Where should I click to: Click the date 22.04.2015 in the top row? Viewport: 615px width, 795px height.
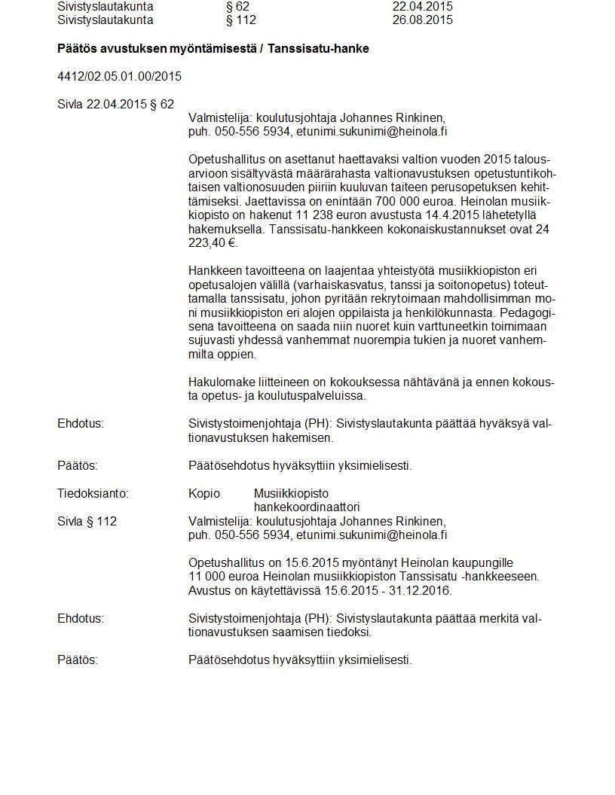point(422,6)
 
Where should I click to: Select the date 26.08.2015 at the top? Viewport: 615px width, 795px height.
point(422,20)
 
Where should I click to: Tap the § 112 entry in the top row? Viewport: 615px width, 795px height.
point(241,20)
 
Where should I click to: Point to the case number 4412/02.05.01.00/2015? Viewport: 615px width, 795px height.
point(119,77)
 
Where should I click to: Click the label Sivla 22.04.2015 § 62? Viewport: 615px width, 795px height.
point(115,105)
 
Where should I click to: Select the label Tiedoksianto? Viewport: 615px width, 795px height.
point(93,494)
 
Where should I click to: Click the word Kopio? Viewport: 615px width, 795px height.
point(204,494)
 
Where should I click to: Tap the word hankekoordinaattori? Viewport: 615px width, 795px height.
point(306,507)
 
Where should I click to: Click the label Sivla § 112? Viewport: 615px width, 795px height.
point(87,521)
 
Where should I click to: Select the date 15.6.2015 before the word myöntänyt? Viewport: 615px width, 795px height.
point(312,563)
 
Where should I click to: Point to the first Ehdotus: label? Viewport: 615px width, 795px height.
point(81,424)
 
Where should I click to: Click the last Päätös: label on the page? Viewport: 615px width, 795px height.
point(78,660)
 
